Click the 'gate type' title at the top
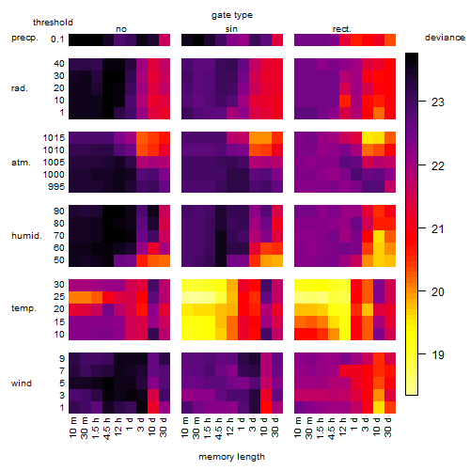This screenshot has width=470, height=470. pos(232,15)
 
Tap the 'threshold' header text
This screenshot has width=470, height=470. pos(53,23)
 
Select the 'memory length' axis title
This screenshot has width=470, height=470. pos(232,457)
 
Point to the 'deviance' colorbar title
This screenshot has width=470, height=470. pos(445,38)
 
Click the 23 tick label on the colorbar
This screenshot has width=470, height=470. pos(438,102)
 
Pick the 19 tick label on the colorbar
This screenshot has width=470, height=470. pos(438,355)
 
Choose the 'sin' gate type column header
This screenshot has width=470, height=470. pos(231,29)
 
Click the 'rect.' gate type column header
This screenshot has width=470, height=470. pos(342,29)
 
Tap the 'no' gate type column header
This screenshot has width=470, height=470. pos(121,29)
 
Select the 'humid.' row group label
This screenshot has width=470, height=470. pos(26,236)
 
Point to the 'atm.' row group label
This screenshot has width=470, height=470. pos(21,163)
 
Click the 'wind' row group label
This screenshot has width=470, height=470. pos(22,384)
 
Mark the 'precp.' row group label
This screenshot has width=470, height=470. pos(24,38)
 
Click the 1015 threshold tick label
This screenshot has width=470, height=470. pos(54,138)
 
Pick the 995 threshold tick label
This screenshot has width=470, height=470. pos(56,187)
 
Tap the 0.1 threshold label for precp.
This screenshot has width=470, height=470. pos(57,39)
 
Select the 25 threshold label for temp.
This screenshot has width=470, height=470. pos(59,296)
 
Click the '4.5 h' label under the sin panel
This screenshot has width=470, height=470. pos(219,428)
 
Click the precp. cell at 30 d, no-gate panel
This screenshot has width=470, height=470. pos(164,39)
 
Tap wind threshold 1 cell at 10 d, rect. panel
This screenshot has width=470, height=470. pos(379,408)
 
